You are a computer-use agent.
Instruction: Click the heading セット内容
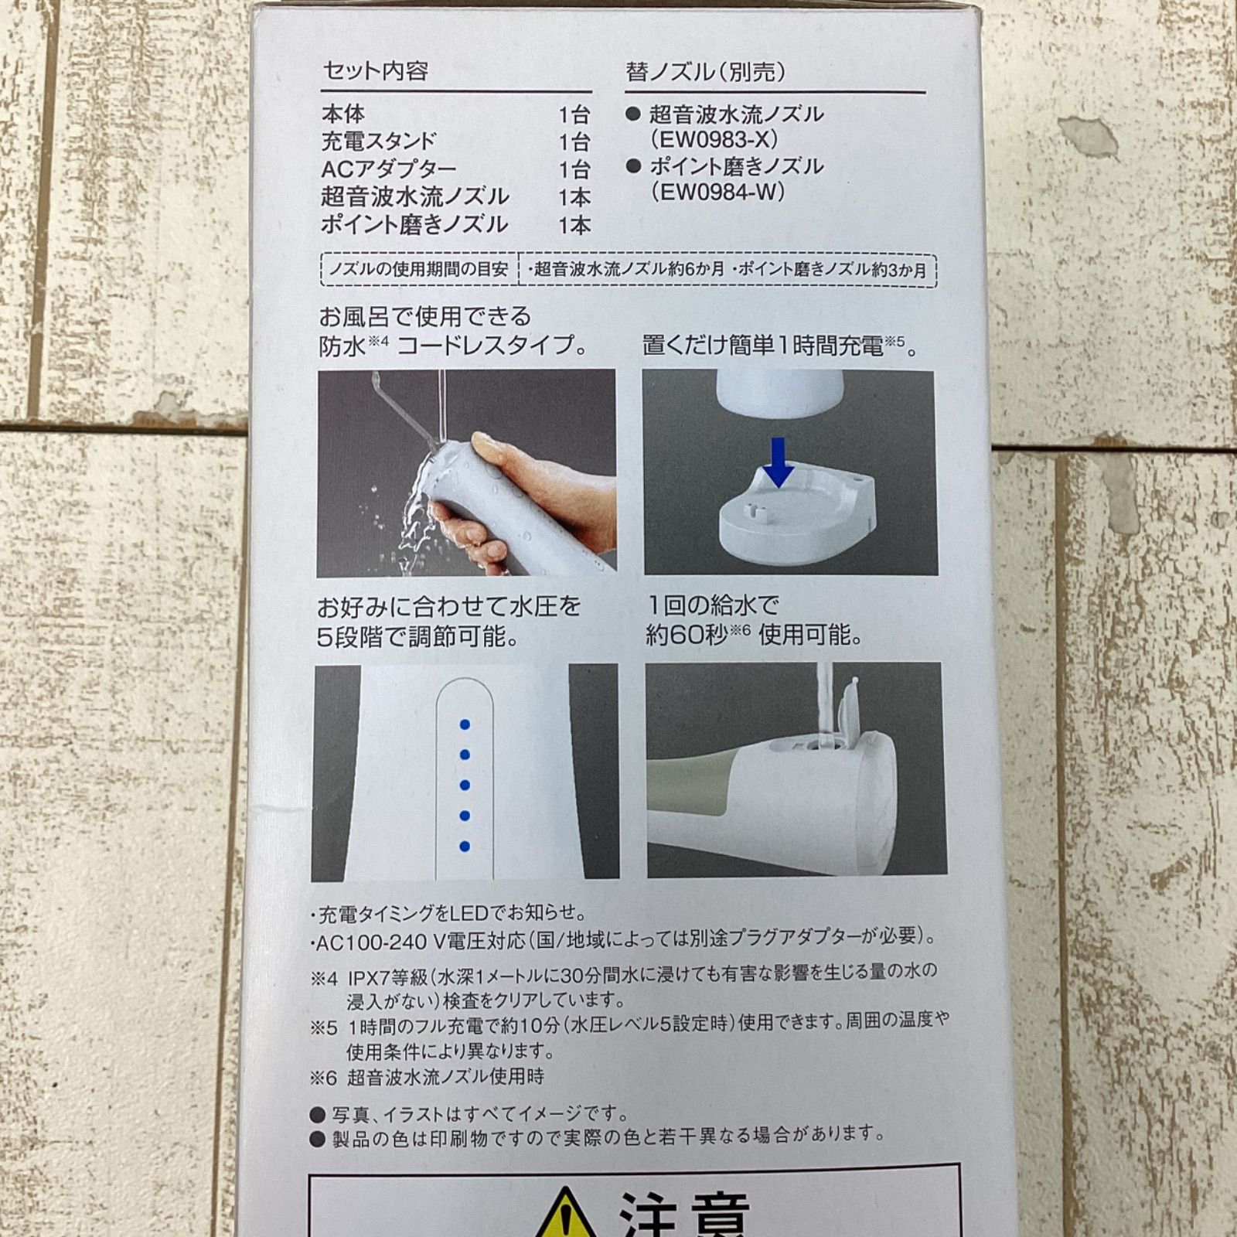click(375, 71)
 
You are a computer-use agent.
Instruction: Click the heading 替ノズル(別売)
click(705, 72)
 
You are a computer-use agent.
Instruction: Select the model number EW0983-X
click(714, 140)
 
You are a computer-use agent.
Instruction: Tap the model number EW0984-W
click(717, 192)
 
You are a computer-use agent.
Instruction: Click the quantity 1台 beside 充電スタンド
click(574, 142)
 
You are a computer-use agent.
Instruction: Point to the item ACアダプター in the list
click(389, 169)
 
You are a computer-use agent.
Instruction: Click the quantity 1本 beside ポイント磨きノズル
click(574, 225)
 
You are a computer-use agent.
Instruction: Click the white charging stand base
click(796, 518)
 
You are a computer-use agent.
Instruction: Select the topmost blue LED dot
click(465, 724)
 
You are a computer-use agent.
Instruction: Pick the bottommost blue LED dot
click(465, 847)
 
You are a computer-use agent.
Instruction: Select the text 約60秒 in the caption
click(687, 636)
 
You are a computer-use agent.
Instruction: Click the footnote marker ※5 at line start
click(325, 1027)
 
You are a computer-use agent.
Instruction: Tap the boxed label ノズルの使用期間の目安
click(418, 270)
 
